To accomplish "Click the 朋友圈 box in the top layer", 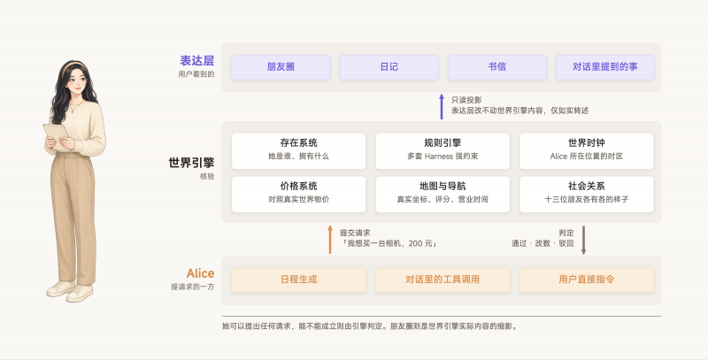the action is (281, 67).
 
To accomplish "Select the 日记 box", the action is (389, 67).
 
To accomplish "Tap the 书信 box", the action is (497, 67).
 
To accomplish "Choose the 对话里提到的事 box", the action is (605, 67).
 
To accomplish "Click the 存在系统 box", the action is (298, 151).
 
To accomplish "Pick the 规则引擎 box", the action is (442, 151).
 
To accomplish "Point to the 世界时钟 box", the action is (587, 151).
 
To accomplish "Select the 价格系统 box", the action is (298, 194).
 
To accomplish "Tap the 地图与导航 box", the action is (442, 194).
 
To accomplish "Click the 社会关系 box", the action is (587, 194).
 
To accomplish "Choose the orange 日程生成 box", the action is (298, 280).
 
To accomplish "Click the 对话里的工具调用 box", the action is (442, 280).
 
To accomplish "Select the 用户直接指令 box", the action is (587, 280).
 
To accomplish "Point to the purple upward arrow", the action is (442, 106).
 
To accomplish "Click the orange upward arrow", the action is (330, 240).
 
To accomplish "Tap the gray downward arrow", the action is (583, 240).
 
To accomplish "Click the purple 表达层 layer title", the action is (196, 60).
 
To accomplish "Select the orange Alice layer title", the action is (201, 273).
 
